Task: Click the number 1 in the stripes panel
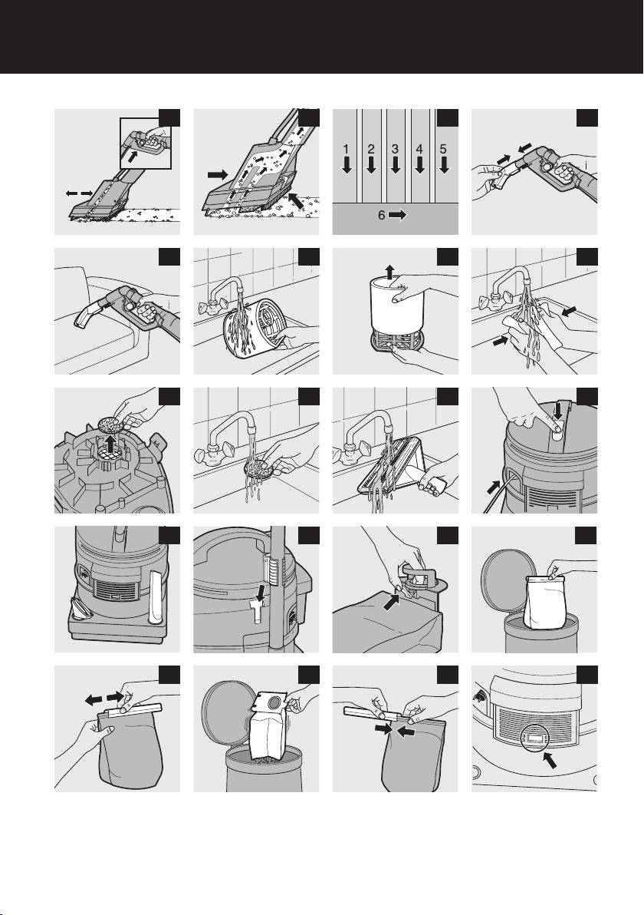point(347,150)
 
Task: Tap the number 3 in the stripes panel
point(395,150)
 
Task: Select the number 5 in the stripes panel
point(443,150)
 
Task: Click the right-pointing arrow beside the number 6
point(397,215)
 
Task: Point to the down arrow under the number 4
point(419,166)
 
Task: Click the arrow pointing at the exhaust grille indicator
point(549,761)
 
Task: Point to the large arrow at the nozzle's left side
point(218,174)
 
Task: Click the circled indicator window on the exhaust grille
point(534,738)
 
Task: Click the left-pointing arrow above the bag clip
point(94,699)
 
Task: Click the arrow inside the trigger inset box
point(133,156)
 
